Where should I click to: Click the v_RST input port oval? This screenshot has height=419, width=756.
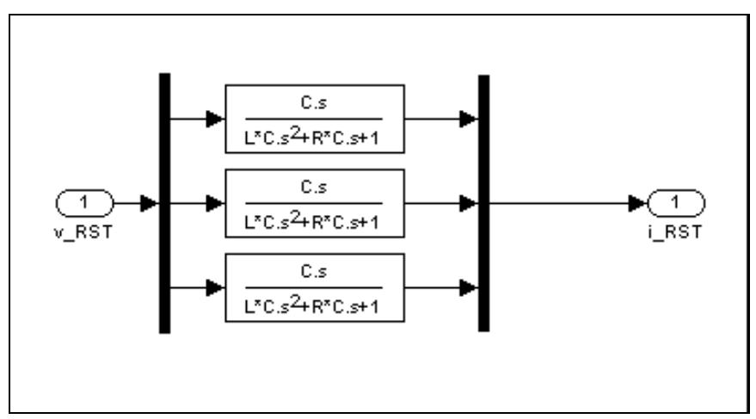click(84, 204)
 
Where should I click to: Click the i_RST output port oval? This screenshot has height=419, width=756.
click(677, 204)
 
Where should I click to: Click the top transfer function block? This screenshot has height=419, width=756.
click(314, 119)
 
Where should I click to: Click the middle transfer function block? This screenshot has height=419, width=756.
click(314, 204)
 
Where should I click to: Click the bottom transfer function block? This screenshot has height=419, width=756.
click(314, 288)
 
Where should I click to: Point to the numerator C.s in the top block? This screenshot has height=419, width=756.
click(314, 105)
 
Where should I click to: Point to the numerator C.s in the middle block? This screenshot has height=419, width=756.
click(314, 190)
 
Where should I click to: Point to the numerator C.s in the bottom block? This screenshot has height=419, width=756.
click(314, 274)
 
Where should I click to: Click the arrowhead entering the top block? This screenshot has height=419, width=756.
click(216, 119)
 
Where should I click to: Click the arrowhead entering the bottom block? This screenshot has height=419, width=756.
click(216, 288)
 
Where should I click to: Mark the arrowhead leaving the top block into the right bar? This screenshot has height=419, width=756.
click(469, 119)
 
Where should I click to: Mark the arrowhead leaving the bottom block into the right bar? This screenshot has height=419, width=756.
click(469, 288)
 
